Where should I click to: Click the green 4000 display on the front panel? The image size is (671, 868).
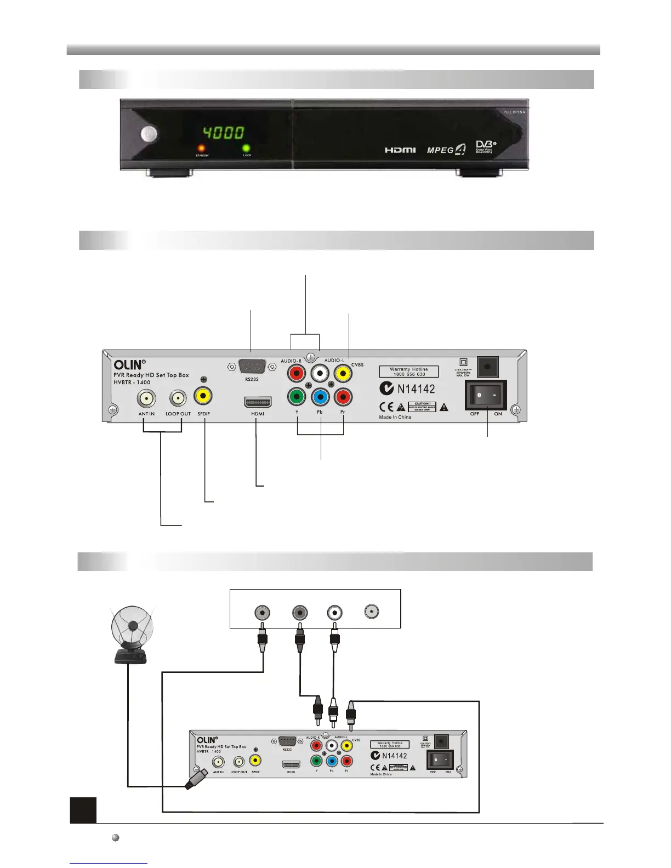[224, 133]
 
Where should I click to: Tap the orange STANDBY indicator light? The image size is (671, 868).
[202, 149]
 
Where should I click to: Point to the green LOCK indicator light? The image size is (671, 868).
[247, 149]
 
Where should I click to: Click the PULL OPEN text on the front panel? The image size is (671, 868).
[514, 112]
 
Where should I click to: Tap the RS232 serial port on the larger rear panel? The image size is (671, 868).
[252, 367]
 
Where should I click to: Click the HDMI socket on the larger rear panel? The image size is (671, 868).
[258, 402]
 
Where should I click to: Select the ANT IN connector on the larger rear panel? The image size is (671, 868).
[146, 398]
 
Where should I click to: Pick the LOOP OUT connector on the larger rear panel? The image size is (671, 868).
[178, 398]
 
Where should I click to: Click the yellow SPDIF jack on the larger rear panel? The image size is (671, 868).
[203, 396]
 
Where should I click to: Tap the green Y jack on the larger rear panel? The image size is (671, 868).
[297, 396]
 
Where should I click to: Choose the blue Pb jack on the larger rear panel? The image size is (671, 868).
[320, 396]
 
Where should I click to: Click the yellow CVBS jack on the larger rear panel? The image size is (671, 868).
[343, 374]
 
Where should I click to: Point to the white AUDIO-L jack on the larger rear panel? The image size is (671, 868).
[320, 374]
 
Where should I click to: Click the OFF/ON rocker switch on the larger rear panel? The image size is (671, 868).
[486, 395]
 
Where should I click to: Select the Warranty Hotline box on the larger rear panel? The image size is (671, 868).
[409, 372]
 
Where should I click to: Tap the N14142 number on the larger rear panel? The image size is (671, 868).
[416, 389]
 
